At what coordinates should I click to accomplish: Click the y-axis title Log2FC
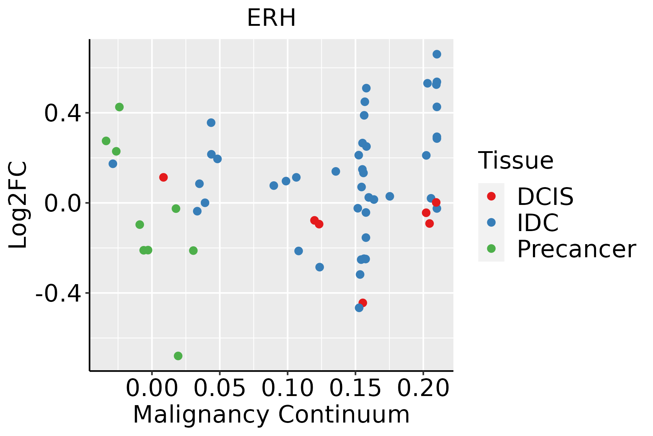pos(18,205)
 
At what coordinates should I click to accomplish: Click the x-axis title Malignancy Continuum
pos(271,415)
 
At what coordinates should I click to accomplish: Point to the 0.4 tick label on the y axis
pos(62,113)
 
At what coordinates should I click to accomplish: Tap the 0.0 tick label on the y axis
pos(62,203)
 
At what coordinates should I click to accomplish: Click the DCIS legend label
pos(545,197)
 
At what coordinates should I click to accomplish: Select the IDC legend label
pos(538,223)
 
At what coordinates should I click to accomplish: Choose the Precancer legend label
pos(576,249)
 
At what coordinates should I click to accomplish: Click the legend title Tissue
pos(516,160)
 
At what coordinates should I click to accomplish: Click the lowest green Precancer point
pos(178,356)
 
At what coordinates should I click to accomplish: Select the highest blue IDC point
pos(437,54)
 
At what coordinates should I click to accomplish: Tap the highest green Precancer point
pos(119,107)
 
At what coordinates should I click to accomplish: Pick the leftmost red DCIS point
pos(163,177)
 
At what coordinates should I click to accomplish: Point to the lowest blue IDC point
pos(359,308)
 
